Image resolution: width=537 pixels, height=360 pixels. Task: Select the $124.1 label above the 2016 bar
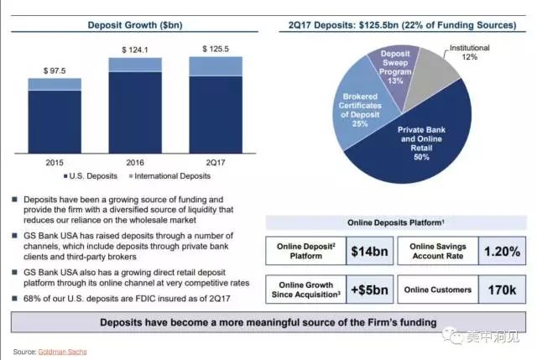coord(135,50)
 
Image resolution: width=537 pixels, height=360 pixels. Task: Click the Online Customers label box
coord(433,290)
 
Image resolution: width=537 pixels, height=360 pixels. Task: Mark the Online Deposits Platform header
coord(396,222)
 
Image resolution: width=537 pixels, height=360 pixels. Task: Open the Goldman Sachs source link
coord(62,351)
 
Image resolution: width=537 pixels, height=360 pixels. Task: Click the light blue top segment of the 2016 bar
coord(135,65)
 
